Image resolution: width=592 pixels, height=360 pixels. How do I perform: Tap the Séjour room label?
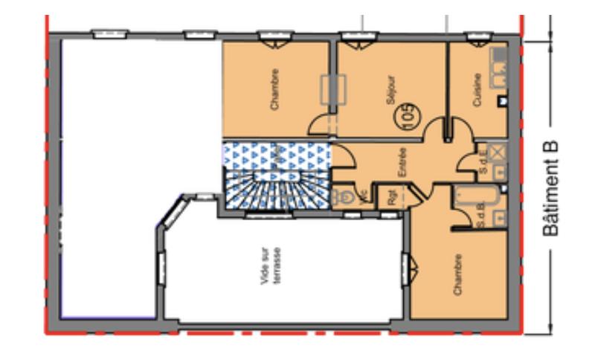pos(392,89)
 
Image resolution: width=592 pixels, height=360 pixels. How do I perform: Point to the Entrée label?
pos(402,163)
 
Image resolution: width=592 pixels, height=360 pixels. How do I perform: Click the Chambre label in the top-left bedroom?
pos(275,89)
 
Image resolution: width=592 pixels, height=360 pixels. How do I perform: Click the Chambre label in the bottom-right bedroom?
pos(459,275)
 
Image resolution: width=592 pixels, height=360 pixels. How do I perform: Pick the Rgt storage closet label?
pos(391,197)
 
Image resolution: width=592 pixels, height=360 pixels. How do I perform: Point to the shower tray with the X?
pos(498,152)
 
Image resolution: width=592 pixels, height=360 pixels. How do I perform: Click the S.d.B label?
pos(483,218)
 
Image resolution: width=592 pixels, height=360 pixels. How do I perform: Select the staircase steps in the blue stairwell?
pos(277,190)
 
